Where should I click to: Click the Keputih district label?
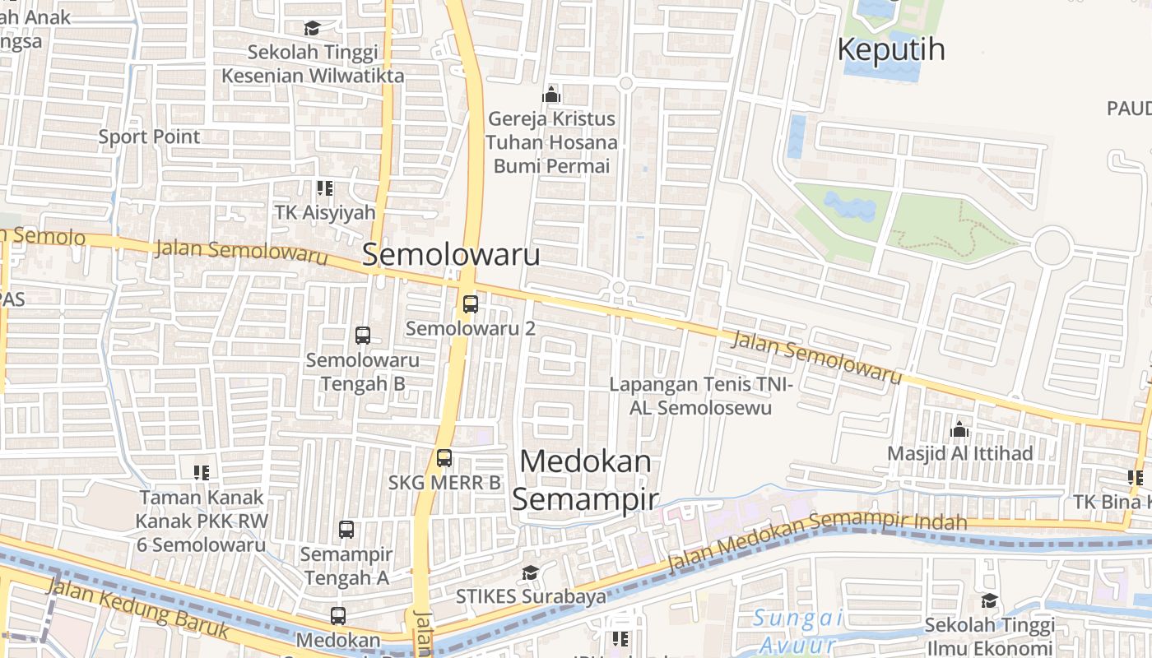tap(890, 49)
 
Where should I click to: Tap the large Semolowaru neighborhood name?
tap(451, 254)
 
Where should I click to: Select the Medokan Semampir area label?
tap(585, 480)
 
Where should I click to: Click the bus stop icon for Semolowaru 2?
tap(470, 304)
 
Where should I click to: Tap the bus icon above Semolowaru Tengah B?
tap(362, 336)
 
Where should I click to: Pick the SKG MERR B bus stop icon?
tap(444, 458)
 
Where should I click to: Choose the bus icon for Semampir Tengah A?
tap(346, 530)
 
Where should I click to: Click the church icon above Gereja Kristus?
tap(551, 95)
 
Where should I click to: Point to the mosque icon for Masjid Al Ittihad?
tap(959, 429)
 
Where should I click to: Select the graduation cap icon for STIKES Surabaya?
tap(531, 572)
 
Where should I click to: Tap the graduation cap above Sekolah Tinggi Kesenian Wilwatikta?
tap(312, 29)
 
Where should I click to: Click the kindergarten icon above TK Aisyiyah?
tap(325, 188)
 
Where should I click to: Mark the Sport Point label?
tap(149, 137)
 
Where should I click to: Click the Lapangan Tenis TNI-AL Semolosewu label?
tap(701, 396)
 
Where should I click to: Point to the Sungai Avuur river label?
tap(797, 631)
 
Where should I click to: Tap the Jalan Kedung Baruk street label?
tap(136, 609)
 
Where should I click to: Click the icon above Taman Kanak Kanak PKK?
tap(202, 473)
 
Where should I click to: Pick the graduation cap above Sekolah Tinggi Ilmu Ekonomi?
tap(989, 601)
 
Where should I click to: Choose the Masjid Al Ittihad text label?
tap(959, 453)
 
